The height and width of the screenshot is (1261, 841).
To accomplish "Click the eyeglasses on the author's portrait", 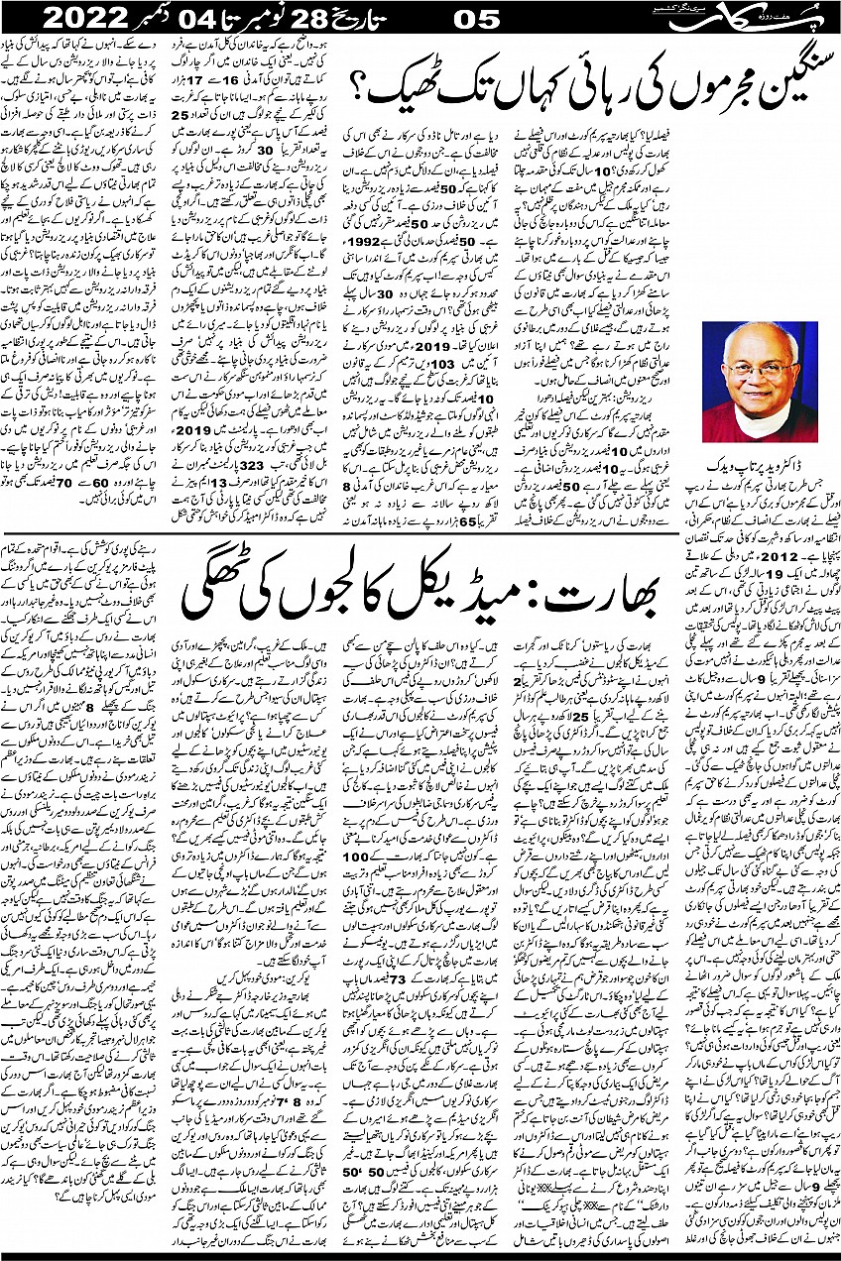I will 765,381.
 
